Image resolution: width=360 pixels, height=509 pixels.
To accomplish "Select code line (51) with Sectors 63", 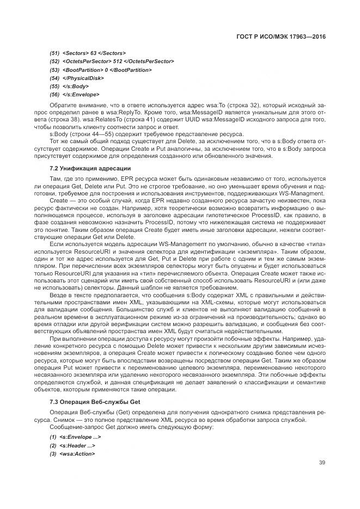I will tap(87, 53).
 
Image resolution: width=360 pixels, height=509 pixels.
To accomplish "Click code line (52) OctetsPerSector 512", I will tap(111, 61).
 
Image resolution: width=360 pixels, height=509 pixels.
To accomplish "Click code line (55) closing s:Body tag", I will tap(69, 86).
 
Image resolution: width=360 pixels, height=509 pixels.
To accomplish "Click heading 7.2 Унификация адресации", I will tap(90, 168).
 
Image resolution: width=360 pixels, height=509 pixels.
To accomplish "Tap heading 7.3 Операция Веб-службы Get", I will tap(95, 401).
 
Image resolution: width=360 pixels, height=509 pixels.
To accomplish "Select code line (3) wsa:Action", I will tap(72, 453).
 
